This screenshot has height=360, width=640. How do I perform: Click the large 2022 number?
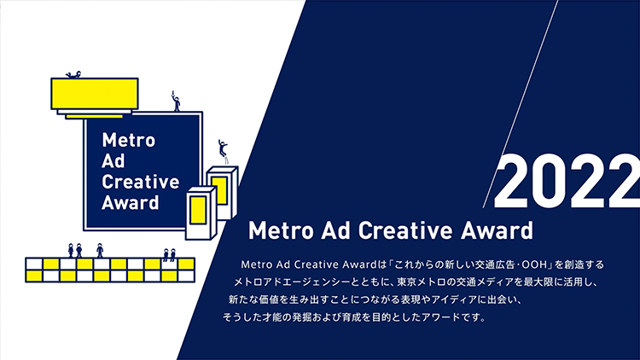567,181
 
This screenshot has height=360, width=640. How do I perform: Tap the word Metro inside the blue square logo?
129,141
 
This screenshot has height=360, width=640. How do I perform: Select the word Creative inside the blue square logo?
141,182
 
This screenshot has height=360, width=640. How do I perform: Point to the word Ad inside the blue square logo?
113,161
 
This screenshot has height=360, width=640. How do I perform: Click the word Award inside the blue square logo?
131,203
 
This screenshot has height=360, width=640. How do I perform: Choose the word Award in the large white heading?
497,230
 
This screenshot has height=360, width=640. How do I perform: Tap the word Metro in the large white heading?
281,230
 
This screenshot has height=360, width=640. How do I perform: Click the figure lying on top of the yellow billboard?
74,75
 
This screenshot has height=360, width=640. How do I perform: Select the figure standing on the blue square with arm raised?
176,102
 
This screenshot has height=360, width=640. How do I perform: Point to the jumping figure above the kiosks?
223,148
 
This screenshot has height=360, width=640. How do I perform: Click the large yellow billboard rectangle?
94,94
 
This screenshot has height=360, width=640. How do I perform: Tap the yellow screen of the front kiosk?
198,210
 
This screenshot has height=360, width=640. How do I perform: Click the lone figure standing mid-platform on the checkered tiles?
100,250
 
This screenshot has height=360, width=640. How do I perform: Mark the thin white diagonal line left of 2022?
520,104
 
